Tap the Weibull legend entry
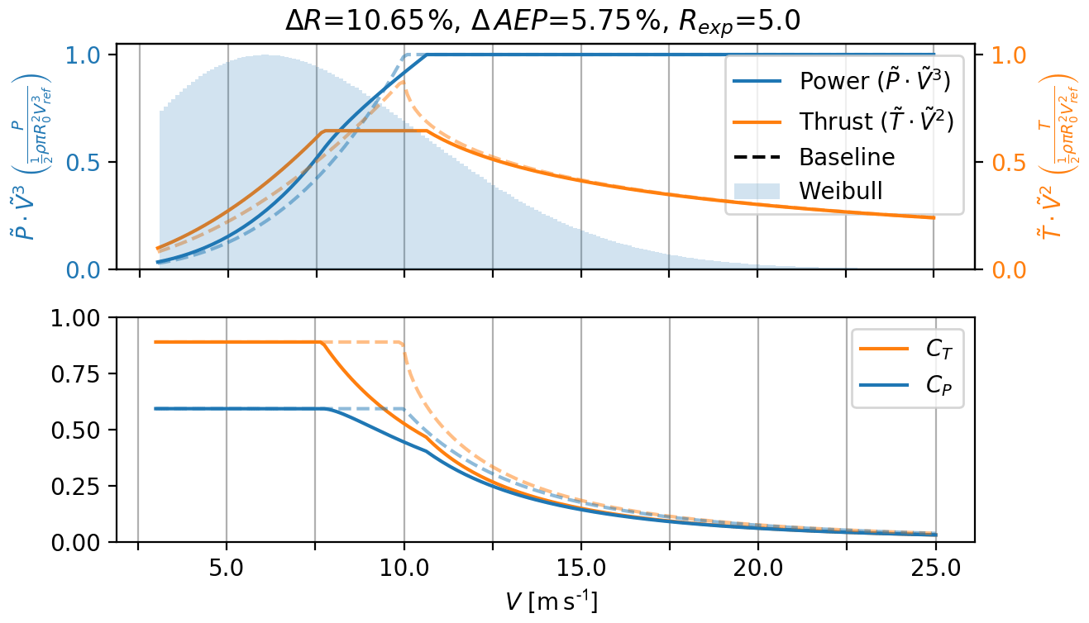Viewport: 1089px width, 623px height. click(840, 190)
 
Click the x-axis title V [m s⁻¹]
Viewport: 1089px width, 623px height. click(552, 602)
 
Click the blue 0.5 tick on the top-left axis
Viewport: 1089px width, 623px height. click(88, 163)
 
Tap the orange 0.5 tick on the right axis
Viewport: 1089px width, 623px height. click(997, 163)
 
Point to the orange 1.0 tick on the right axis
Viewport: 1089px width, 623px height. click(997, 55)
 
